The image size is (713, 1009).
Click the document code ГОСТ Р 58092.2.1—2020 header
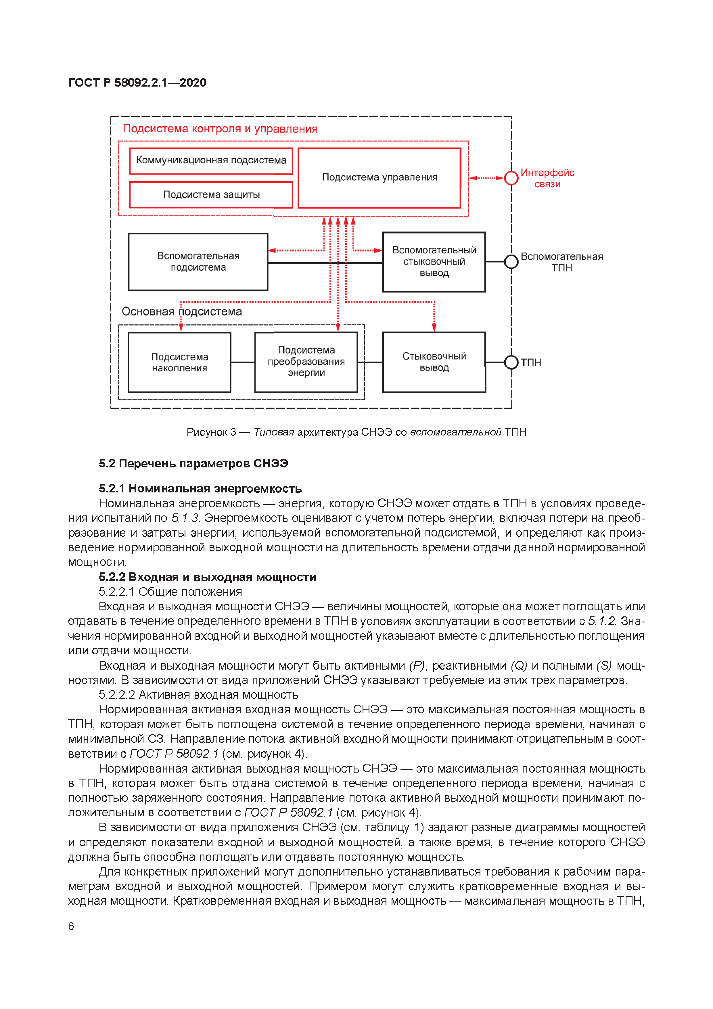coord(137,83)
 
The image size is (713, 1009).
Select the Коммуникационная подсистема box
coord(211,160)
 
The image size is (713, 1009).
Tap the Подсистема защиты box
coord(211,194)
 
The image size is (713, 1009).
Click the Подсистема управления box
coord(379,177)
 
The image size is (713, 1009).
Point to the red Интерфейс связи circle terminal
coord(511,178)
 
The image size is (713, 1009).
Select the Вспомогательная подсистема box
coord(198,261)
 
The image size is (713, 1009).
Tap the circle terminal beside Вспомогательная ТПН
coord(511,262)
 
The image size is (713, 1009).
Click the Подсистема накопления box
coord(179,362)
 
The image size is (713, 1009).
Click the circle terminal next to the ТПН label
coord(511,362)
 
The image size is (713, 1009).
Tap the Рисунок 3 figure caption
coord(356,432)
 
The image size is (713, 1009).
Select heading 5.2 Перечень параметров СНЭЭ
coord(193,464)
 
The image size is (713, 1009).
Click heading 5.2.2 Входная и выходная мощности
coord(207,577)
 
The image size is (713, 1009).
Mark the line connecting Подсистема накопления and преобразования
coord(242,362)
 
